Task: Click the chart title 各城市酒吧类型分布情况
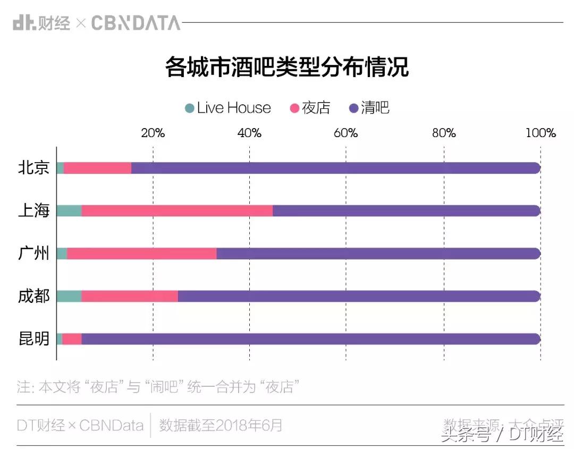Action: tap(286, 67)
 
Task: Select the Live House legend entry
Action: tap(228, 108)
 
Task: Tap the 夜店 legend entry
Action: tap(310, 108)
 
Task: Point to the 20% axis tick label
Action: tap(153, 133)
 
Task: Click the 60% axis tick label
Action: tap(346, 133)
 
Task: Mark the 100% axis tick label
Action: tap(540, 133)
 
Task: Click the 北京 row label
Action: tap(34, 168)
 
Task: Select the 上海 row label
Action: tap(34, 211)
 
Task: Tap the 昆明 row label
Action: tap(34, 339)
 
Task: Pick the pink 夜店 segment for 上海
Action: tap(177, 211)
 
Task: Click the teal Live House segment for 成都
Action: tap(69, 296)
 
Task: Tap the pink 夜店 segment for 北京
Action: tap(97, 168)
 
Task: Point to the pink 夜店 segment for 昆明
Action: tap(72, 339)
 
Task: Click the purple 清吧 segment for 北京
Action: tap(335, 168)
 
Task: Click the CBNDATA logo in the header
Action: tap(136, 23)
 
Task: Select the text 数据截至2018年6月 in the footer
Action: tap(221, 425)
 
